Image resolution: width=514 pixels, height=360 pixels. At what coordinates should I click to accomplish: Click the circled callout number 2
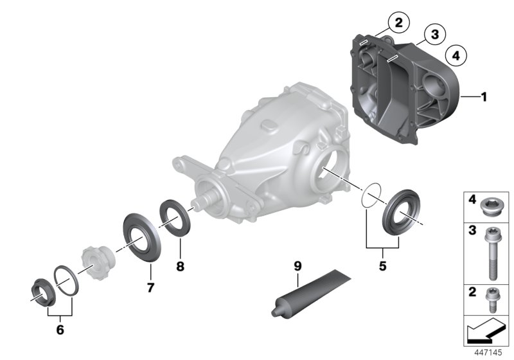pos(398,24)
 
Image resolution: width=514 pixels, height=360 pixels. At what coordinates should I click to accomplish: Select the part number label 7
pos(150,287)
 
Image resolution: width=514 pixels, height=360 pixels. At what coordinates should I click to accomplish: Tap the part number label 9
pos(297,264)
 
